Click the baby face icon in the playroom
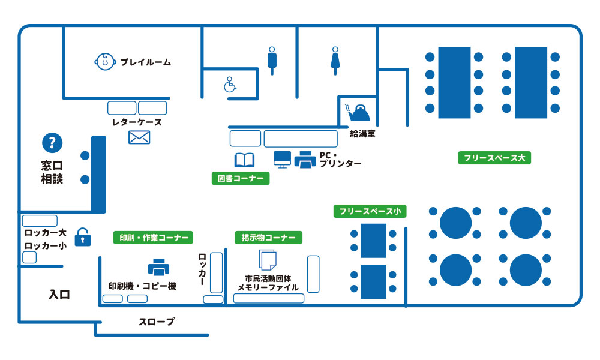(x=105, y=62)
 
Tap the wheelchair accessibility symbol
(x=230, y=85)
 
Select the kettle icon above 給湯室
(x=358, y=112)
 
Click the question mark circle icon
(x=52, y=143)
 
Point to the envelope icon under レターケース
(x=139, y=137)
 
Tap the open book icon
(x=245, y=160)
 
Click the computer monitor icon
(x=283, y=160)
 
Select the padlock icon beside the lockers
(x=83, y=237)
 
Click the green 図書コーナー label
(x=241, y=178)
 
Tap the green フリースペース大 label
(x=494, y=158)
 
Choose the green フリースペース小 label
(x=370, y=211)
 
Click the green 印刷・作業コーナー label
(x=153, y=238)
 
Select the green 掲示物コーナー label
(x=269, y=238)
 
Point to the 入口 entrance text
(x=59, y=295)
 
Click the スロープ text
(x=157, y=322)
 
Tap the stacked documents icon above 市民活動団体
(x=268, y=260)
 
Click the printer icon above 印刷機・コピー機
(x=159, y=268)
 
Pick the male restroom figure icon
(x=272, y=61)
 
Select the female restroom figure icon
(x=335, y=61)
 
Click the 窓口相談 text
(x=52, y=173)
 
